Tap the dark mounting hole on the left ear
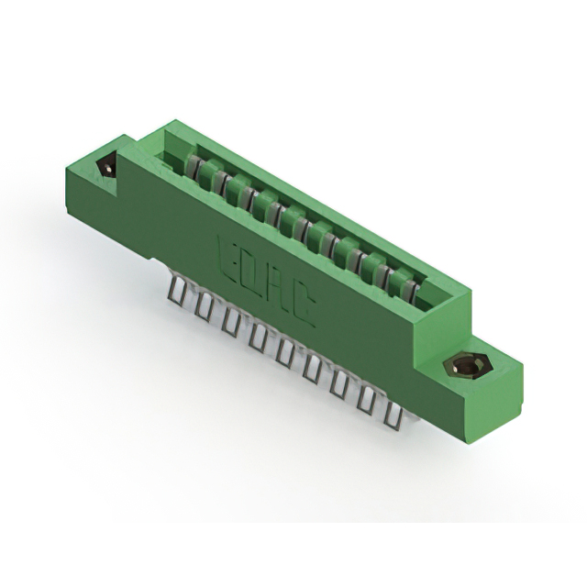[x=107, y=168]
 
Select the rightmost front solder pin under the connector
[x=394, y=415]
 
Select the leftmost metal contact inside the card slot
[x=195, y=169]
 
